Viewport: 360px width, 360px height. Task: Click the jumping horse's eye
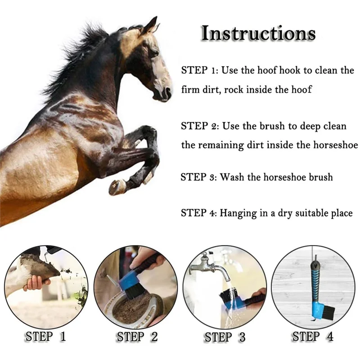click(x=155, y=53)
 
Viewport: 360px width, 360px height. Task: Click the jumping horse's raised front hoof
click(x=116, y=187)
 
